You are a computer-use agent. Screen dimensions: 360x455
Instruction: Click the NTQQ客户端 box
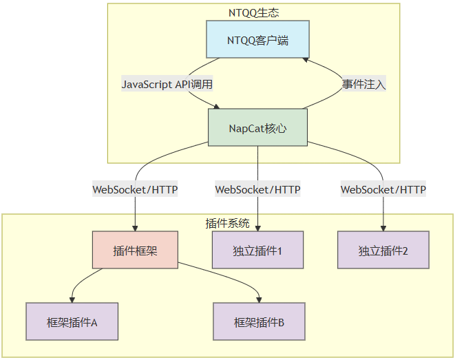tap(257, 40)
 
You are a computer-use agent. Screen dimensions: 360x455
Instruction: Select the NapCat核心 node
tap(257, 127)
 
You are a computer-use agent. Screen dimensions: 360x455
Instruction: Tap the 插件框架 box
tap(135, 250)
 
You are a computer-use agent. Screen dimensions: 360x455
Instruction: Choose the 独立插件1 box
tap(257, 250)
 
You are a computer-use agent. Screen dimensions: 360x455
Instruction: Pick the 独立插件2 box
tap(383, 250)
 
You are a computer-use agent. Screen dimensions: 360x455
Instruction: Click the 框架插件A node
tap(72, 321)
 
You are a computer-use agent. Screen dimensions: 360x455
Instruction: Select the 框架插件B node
tap(259, 321)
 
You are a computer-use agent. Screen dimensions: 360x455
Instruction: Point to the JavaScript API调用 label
tap(167, 84)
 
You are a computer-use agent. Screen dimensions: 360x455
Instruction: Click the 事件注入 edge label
tap(364, 84)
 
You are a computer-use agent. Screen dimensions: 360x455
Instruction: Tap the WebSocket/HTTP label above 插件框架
tap(135, 189)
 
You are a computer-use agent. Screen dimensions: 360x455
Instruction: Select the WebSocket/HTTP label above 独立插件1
tap(257, 189)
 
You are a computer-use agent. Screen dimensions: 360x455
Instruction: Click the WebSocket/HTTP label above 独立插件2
tap(383, 189)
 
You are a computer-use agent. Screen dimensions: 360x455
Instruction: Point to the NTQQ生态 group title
tap(253, 12)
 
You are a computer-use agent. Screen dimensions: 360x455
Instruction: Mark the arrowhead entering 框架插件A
tap(72, 299)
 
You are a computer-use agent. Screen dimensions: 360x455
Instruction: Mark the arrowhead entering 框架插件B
tap(259, 299)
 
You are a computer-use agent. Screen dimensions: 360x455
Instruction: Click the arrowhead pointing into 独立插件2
tap(383, 228)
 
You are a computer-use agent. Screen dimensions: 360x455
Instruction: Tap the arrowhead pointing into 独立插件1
tap(257, 228)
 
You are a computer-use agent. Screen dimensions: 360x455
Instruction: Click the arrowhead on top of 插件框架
tap(135, 228)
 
